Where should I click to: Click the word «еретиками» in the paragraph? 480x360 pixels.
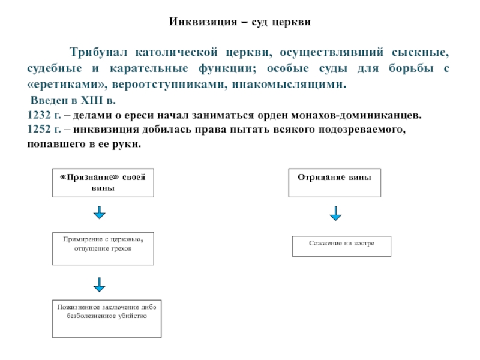click(56, 85)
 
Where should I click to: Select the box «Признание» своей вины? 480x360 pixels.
click(103, 183)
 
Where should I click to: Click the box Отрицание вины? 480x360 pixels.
click(334, 183)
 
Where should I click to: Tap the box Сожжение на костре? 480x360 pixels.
click(341, 246)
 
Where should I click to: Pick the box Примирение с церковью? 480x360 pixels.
click(103, 248)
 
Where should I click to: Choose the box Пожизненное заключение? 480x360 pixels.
click(106, 317)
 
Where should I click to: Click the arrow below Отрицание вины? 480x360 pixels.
click(335, 213)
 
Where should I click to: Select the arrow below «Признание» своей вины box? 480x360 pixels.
click(99, 212)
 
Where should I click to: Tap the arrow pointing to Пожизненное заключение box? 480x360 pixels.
click(99, 283)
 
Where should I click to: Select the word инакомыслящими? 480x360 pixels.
click(286, 85)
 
